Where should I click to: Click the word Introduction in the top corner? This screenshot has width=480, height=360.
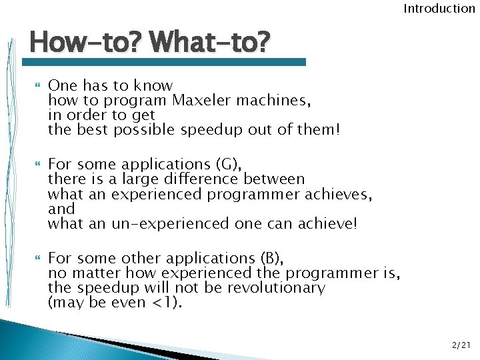(439, 9)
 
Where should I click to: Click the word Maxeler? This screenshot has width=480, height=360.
(202, 101)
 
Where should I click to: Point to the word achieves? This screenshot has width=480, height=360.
(339, 193)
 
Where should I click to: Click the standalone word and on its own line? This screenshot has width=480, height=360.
(61, 209)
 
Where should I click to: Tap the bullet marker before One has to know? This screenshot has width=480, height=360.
(36, 86)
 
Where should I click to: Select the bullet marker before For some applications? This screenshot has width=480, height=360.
(36, 164)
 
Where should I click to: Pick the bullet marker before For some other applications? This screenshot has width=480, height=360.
(36, 258)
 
